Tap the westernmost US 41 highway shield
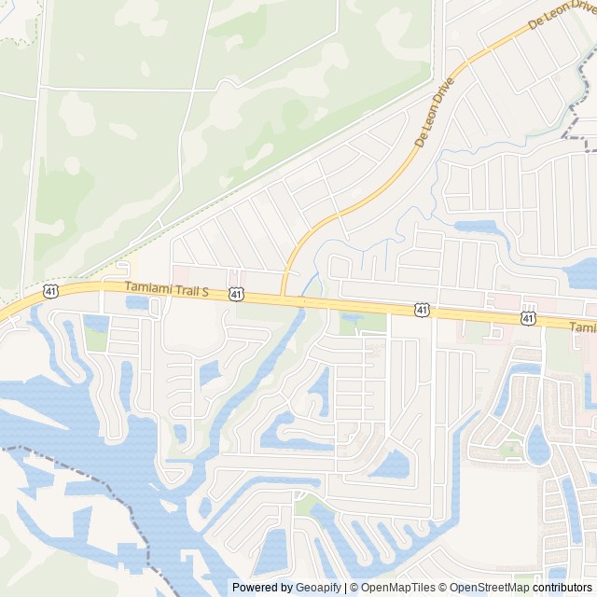(49, 292)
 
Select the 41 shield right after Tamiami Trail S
(237, 295)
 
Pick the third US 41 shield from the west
(423, 309)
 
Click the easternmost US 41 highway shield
(528, 318)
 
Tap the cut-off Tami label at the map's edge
(583, 327)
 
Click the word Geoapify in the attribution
(319, 588)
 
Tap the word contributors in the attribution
(562, 588)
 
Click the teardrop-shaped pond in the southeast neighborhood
(537, 446)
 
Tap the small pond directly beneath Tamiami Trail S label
(138, 302)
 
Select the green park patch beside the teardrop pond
(511, 450)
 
